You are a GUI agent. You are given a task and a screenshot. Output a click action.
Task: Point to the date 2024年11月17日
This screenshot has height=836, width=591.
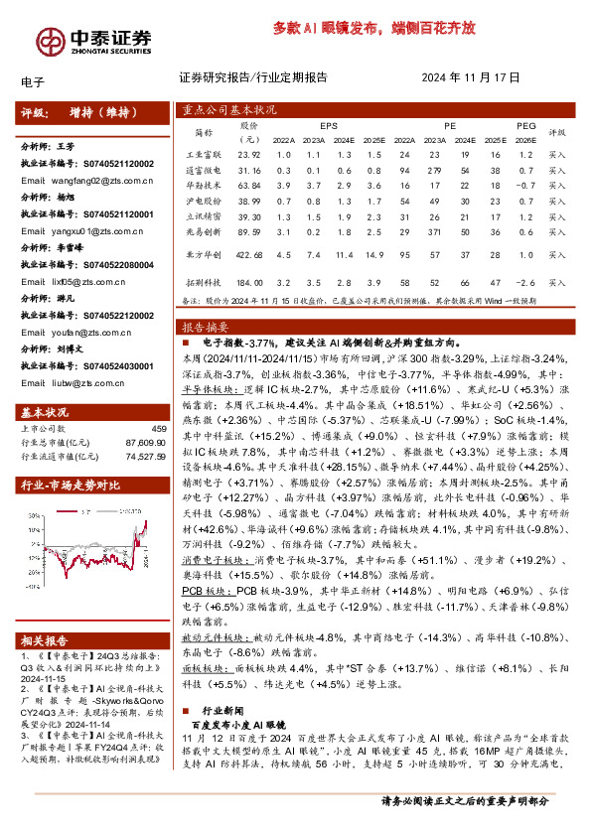click(471, 77)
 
